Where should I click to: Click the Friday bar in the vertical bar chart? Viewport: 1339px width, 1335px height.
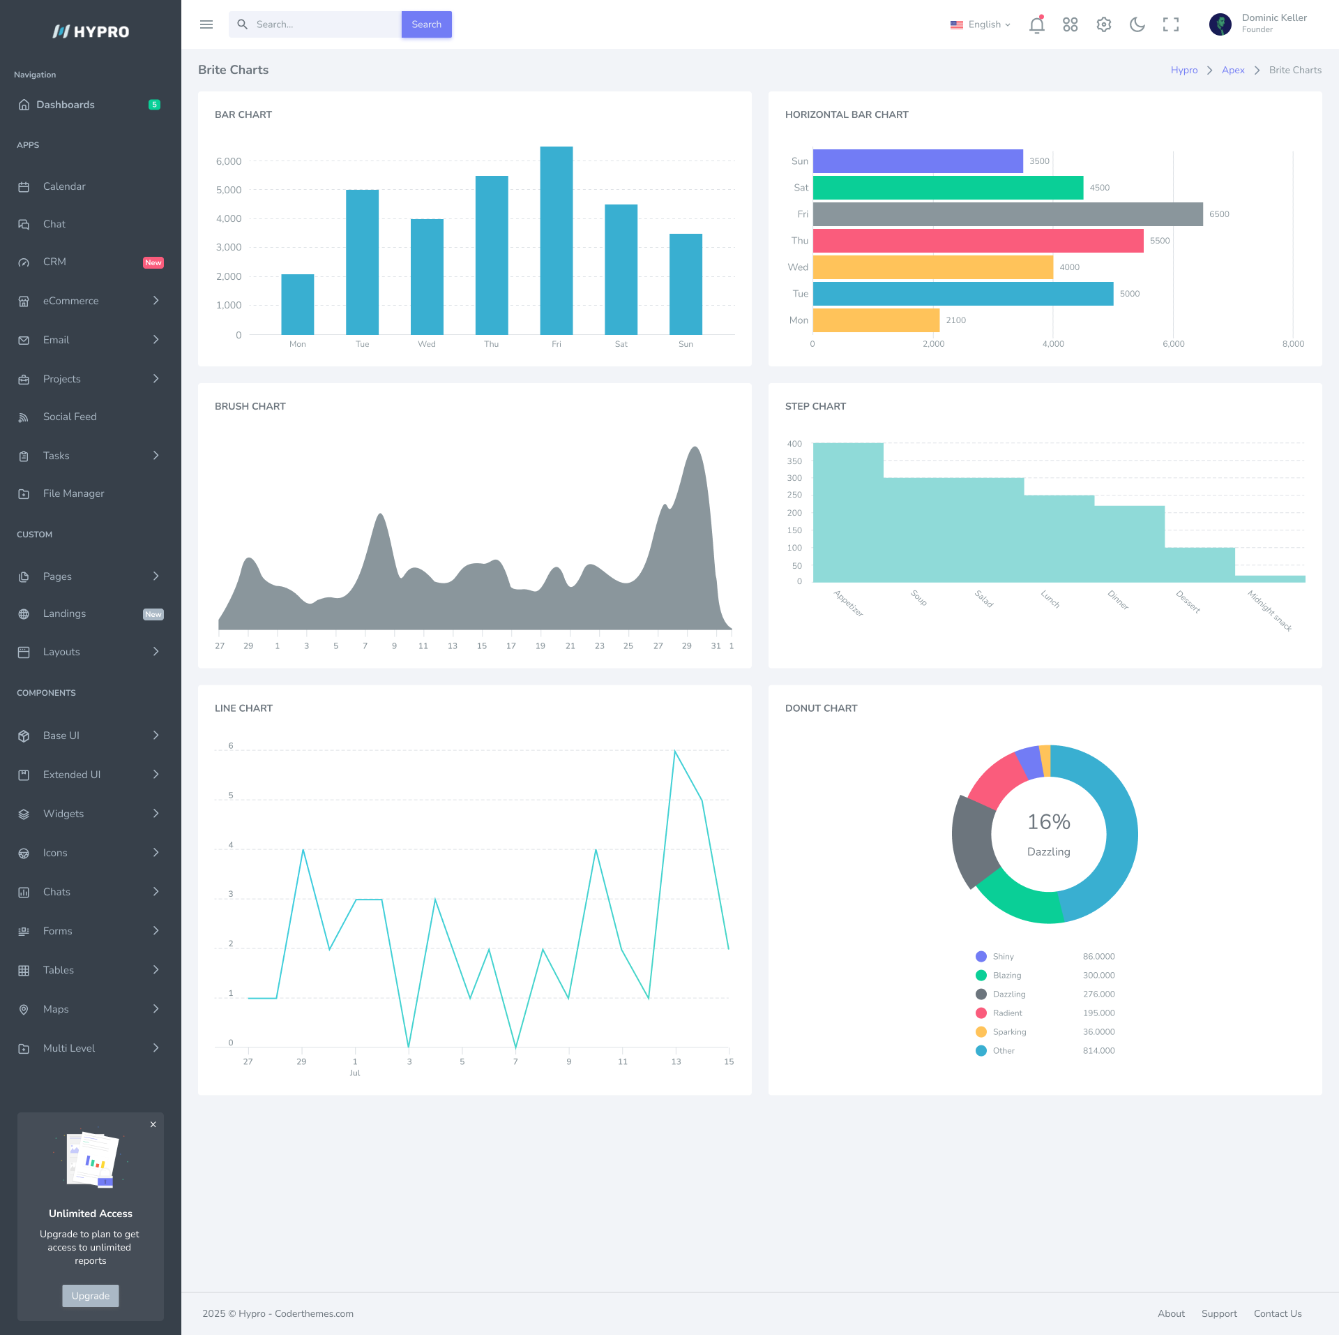click(x=556, y=241)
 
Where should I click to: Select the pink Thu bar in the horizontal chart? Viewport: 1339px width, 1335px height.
click(x=978, y=241)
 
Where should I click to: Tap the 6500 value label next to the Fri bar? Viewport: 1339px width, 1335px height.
click(x=1219, y=214)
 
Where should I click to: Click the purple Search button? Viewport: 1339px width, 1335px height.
click(x=426, y=24)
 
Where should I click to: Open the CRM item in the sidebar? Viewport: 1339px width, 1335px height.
click(x=54, y=262)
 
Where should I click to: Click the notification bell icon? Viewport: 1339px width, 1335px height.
click(x=1036, y=25)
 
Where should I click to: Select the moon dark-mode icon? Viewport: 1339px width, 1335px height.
click(x=1137, y=25)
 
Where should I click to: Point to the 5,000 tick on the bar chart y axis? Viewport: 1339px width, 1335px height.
click(x=229, y=190)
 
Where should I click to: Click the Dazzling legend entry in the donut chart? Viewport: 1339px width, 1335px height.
click(x=1008, y=994)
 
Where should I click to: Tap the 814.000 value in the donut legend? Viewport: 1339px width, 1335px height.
click(x=1098, y=1050)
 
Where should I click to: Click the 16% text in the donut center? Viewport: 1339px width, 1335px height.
click(x=1048, y=822)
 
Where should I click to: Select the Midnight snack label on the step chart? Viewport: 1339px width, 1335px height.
click(x=1269, y=611)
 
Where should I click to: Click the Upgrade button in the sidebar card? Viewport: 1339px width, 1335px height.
click(x=91, y=1296)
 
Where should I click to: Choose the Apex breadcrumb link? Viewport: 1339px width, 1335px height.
click(x=1233, y=70)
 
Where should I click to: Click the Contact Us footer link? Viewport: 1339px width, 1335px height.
click(x=1277, y=1313)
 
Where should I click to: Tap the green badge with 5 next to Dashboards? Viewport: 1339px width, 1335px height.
click(x=154, y=105)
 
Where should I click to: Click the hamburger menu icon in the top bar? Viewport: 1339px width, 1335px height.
click(x=206, y=24)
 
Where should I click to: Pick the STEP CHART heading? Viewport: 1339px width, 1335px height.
click(x=815, y=406)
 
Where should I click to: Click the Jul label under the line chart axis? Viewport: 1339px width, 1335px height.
click(x=355, y=1073)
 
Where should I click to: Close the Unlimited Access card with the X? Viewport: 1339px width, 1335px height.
click(x=153, y=1124)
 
